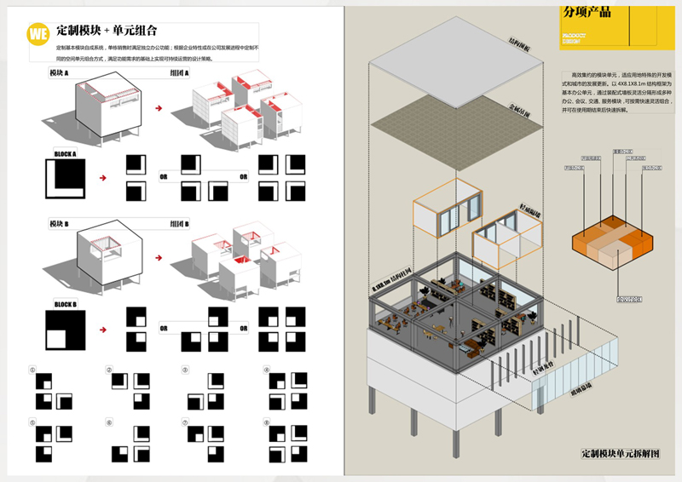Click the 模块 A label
click(60, 74)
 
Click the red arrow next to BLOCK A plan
click(103, 179)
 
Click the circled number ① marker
click(32, 370)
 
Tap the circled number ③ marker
click(185, 370)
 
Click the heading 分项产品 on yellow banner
click(587, 13)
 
